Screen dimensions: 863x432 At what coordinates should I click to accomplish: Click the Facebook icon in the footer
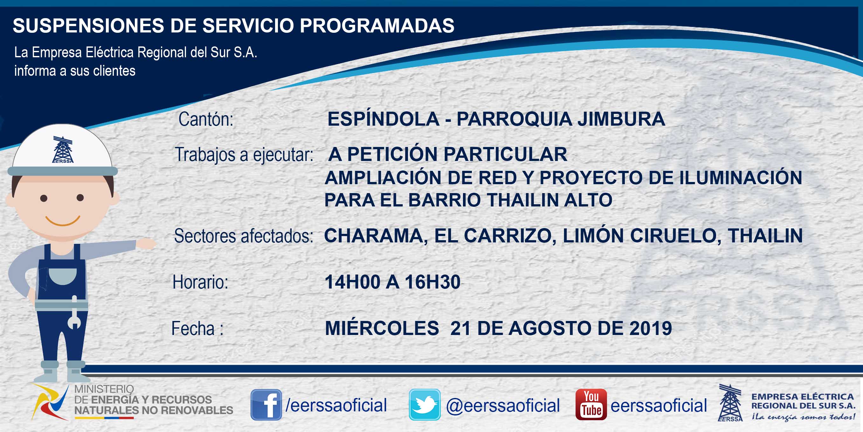tap(266, 405)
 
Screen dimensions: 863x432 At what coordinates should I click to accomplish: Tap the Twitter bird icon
tap(425, 405)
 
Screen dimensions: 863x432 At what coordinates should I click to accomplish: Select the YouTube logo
tap(591, 405)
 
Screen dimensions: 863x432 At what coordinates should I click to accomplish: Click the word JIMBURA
tap(621, 119)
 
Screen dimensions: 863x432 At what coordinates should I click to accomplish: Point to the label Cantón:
tap(206, 119)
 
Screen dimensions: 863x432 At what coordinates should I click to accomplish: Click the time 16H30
tap(432, 282)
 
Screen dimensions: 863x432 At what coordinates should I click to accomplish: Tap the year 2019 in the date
tap(651, 328)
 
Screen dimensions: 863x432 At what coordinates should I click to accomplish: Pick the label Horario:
tap(200, 282)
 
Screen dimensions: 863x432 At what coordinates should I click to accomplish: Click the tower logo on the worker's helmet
tap(63, 150)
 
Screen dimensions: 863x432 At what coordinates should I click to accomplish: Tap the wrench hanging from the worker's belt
tap(74, 312)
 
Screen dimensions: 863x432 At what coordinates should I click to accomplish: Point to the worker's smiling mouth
tap(63, 221)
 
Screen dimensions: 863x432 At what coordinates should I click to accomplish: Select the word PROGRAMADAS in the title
tap(377, 25)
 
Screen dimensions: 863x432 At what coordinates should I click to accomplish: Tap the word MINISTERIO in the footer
tap(104, 389)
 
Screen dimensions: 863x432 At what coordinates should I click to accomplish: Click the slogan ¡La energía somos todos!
tap(803, 417)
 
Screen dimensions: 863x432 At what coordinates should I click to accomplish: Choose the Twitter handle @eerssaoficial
tap(503, 406)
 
